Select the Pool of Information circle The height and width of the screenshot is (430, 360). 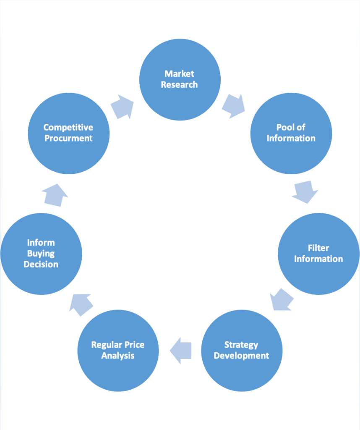coord(291,133)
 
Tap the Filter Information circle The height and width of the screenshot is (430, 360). coord(318,254)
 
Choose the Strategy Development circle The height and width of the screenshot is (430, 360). coord(241,350)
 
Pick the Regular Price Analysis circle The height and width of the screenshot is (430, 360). coord(118,350)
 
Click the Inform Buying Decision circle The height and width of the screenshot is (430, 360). coord(41,254)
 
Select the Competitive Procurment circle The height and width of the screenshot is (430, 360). coord(68,133)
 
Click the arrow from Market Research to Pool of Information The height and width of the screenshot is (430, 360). coord(233,106)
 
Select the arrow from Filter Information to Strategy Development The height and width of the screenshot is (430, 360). coord(281,299)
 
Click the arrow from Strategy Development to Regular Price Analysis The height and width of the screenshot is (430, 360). coord(181,350)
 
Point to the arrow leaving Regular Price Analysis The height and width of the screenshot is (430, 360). coord(81,304)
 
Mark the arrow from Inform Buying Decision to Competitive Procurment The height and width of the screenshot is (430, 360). coord(55,195)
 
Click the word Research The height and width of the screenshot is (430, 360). coord(180,84)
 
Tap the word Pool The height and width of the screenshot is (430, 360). coord(285,127)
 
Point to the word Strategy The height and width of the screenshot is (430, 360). coord(241,345)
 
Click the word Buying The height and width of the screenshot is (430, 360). coord(41,253)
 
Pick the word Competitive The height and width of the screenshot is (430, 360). coord(68,127)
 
